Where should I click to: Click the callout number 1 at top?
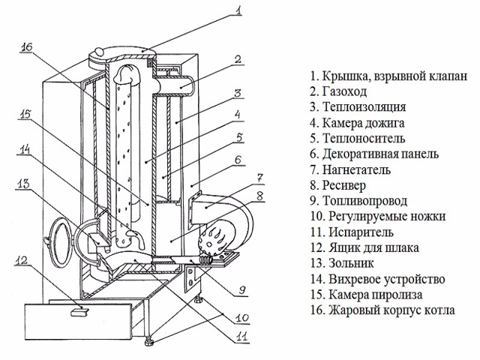tap(238, 10)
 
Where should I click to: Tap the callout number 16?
tap(27, 47)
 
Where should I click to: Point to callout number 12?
tap(22, 260)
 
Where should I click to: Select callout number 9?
tap(241, 289)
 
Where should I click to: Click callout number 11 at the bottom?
tap(241, 336)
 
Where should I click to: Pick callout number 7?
tap(259, 178)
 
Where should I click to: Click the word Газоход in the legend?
tap(344, 91)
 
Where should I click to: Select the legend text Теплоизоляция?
tap(364, 106)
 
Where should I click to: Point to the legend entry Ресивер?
tap(344, 185)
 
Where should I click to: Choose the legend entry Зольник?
tap(352, 263)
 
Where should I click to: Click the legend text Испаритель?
tap(361, 232)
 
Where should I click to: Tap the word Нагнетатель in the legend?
tap(357, 169)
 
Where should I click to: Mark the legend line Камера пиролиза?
tap(376, 295)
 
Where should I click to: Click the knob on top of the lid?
tap(100, 51)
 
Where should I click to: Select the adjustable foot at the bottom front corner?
tap(149, 340)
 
